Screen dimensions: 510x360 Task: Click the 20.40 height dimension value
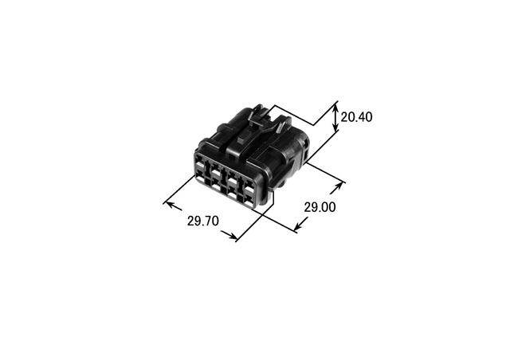[356, 117]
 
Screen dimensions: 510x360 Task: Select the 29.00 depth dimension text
[320, 207]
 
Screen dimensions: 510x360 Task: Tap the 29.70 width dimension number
[203, 221]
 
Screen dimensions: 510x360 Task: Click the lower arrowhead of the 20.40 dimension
[336, 127]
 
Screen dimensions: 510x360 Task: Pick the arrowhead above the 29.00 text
[339, 186]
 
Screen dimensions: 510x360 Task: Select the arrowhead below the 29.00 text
[298, 226]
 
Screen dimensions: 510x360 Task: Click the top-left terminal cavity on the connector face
[198, 162]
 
